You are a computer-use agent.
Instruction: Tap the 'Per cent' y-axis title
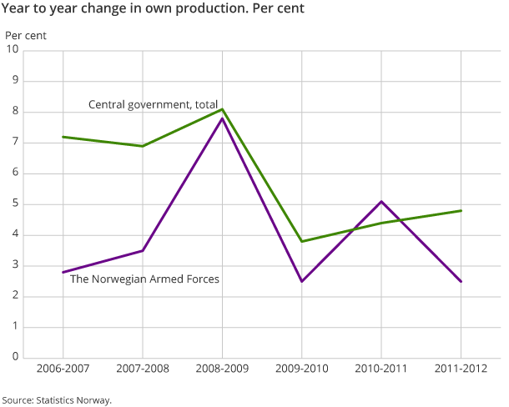26,36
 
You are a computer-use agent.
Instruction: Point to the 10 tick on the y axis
13,51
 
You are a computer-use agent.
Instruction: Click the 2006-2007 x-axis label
63,369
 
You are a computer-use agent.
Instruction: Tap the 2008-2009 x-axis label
222,369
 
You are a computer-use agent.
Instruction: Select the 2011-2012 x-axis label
461,369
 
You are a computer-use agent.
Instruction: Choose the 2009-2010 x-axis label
302,369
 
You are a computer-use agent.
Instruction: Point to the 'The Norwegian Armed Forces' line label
144,279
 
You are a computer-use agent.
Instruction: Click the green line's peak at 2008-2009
222,109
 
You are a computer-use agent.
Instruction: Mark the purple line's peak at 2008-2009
222,118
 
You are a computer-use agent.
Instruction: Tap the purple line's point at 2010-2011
381,201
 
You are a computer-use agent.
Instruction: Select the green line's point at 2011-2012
461,210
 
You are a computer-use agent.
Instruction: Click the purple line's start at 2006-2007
63,272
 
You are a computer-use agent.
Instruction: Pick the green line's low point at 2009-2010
302,241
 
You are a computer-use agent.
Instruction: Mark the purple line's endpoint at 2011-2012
461,281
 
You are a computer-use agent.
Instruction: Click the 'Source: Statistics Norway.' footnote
57,399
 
